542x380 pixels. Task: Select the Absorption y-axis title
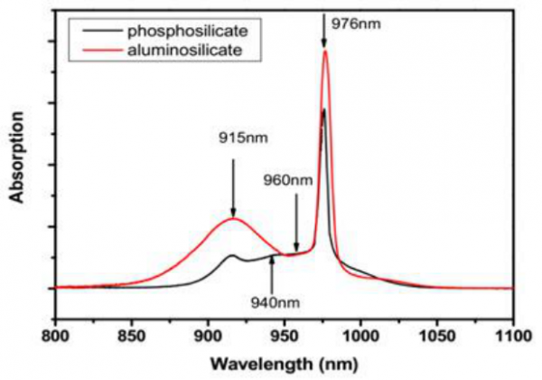(x=16, y=159)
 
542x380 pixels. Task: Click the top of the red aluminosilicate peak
(x=324, y=52)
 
